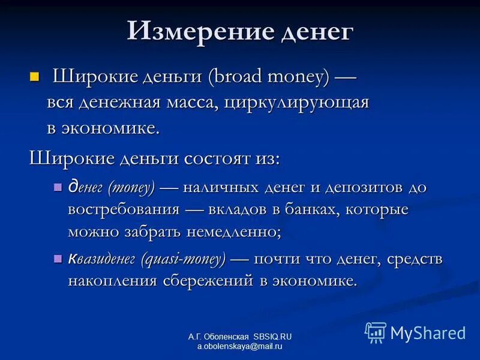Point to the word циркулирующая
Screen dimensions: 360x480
(x=297, y=102)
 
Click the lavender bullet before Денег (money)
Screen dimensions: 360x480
(x=58, y=187)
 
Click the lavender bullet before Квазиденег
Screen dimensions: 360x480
(x=58, y=259)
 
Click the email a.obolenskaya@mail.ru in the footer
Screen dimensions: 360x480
(x=239, y=347)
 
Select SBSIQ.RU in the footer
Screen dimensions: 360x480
(x=272, y=337)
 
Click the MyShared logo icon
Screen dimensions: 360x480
(x=376, y=332)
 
